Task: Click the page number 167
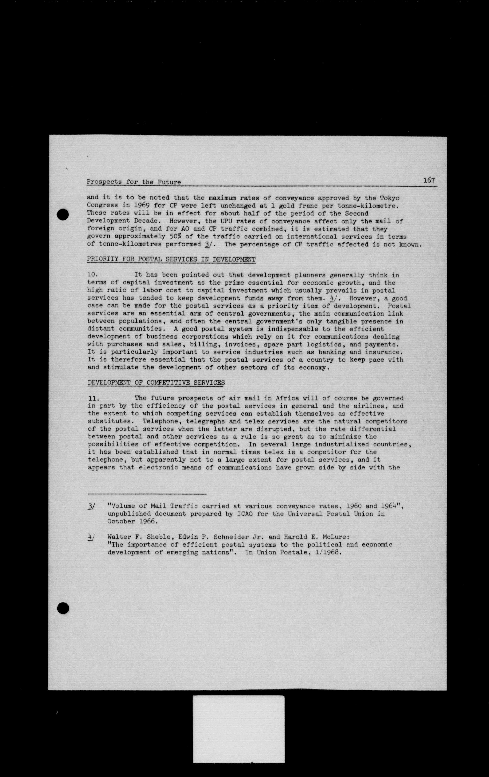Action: point(429,180)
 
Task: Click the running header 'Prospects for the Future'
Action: point(134,182)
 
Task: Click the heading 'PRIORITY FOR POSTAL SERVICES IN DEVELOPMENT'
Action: point(171,259)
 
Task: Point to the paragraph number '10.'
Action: point(93,275)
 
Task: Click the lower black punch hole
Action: point(63,608)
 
